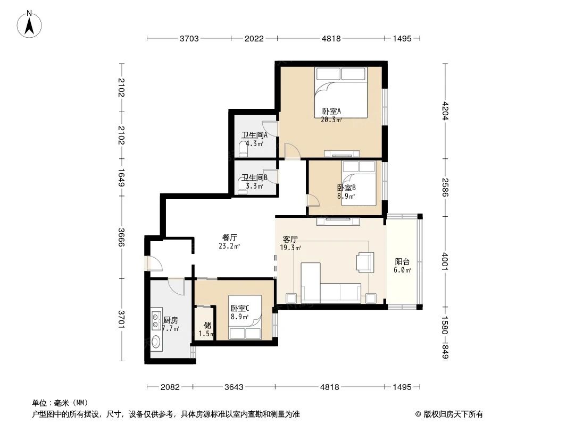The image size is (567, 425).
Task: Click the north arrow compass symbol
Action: click(x=30, y=24)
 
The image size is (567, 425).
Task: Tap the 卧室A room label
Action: click(x=331, y=112)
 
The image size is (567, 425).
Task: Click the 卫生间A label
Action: click(x=254, y=135)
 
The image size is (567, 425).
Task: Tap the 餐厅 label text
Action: click(x=230, y=238)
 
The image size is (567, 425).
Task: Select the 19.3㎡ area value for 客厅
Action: click(x=290, y=248)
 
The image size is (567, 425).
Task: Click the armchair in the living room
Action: click(x=365, y=262)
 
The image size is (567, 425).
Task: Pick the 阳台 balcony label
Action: click(x=402, y=261)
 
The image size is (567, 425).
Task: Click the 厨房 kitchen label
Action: click(x=170, y=320)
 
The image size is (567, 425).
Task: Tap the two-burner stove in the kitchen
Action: click(x=156, y=319)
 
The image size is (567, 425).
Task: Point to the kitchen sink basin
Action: click(x=156, y=342)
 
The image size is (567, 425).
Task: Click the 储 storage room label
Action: click(x=207, y=325)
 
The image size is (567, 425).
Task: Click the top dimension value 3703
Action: click(x=189, y=39)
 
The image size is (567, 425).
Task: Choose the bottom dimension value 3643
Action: click(x=234, y=387)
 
